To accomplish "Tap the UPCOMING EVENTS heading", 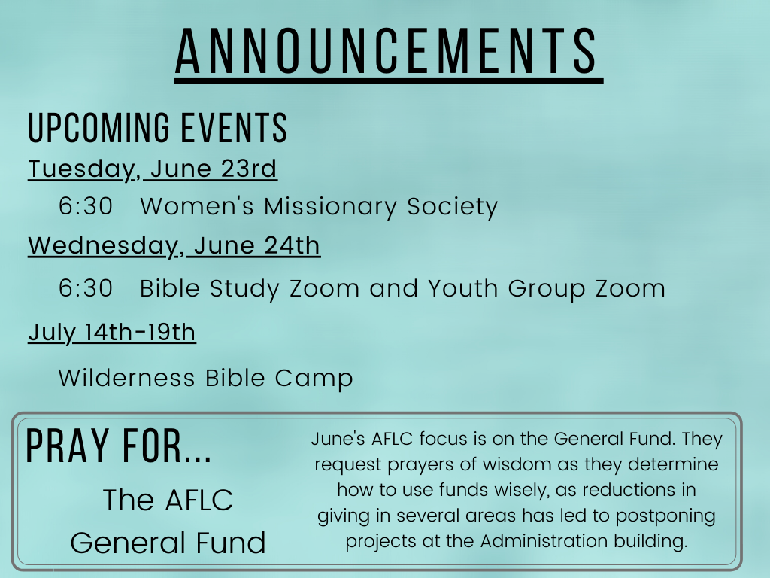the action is [158, 128].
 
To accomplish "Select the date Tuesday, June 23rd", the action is [152, 169].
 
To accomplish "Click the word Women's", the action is [197, 206].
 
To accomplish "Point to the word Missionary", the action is [331, 207].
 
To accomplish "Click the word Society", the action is [452, 207].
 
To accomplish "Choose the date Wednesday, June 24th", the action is [174, 246].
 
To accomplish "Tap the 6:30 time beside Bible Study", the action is [86, 288].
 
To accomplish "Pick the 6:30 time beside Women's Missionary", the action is [86, 206].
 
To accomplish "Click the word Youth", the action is [463, 288].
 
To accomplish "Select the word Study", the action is [244, 289].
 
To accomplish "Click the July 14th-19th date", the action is [112, 333].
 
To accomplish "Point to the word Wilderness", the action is [126, 378].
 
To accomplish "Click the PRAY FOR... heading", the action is [118, 446].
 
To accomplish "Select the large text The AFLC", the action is [168, 500].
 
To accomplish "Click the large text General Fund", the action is [168, 543].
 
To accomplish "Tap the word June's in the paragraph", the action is [338, 439].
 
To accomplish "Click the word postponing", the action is [665, 516].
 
